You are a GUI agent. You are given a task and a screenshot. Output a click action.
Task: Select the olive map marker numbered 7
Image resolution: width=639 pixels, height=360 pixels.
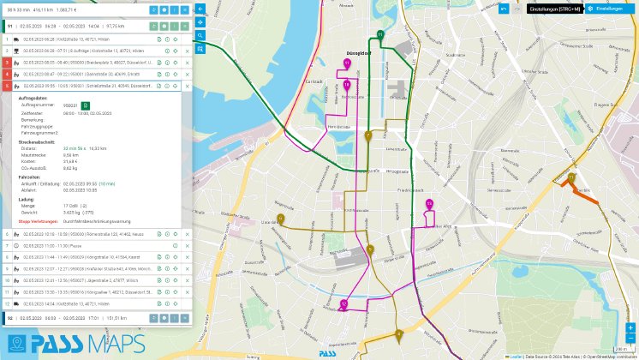click(367, 136)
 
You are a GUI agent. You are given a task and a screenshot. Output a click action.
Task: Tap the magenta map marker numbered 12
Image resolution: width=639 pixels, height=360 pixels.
click(343, 303)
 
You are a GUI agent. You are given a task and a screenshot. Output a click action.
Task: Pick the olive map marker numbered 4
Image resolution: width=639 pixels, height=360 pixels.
click(399, 333)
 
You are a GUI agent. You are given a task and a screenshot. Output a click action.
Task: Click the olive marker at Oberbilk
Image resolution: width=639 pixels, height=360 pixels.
click(571, 178)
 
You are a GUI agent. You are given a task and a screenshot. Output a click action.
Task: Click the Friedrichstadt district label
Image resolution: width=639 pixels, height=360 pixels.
click(409, 190)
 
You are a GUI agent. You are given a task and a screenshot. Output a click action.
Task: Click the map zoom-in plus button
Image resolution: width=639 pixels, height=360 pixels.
click(630, 327)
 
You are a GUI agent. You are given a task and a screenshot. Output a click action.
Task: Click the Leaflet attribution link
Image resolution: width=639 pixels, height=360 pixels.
click(516, 356)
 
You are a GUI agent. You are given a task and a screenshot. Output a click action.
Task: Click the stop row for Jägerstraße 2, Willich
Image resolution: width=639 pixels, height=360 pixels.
click(81, 279)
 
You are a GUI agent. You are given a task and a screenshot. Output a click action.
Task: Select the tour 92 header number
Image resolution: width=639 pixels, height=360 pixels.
click(9, 318)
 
